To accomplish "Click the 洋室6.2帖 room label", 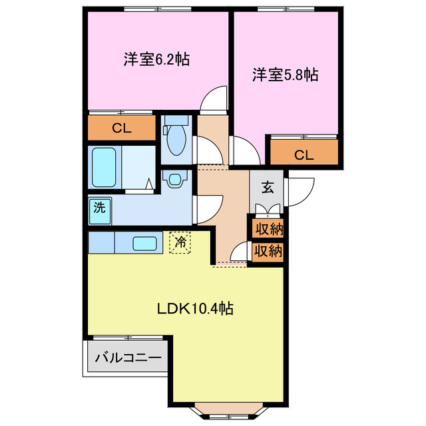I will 156,59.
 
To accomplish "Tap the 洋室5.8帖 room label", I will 284,75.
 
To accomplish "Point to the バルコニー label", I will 128,358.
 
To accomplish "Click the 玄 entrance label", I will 267,187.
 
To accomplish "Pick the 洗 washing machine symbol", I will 99,207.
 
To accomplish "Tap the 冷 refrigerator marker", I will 180,242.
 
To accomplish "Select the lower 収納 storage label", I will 268,251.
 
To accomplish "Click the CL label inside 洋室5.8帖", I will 304,155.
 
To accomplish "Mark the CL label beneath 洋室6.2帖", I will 121,128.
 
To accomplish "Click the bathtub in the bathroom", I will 105,168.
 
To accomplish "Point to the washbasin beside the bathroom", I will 176,179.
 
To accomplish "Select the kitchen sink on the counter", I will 144,243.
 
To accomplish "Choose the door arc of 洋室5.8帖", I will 242,149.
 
